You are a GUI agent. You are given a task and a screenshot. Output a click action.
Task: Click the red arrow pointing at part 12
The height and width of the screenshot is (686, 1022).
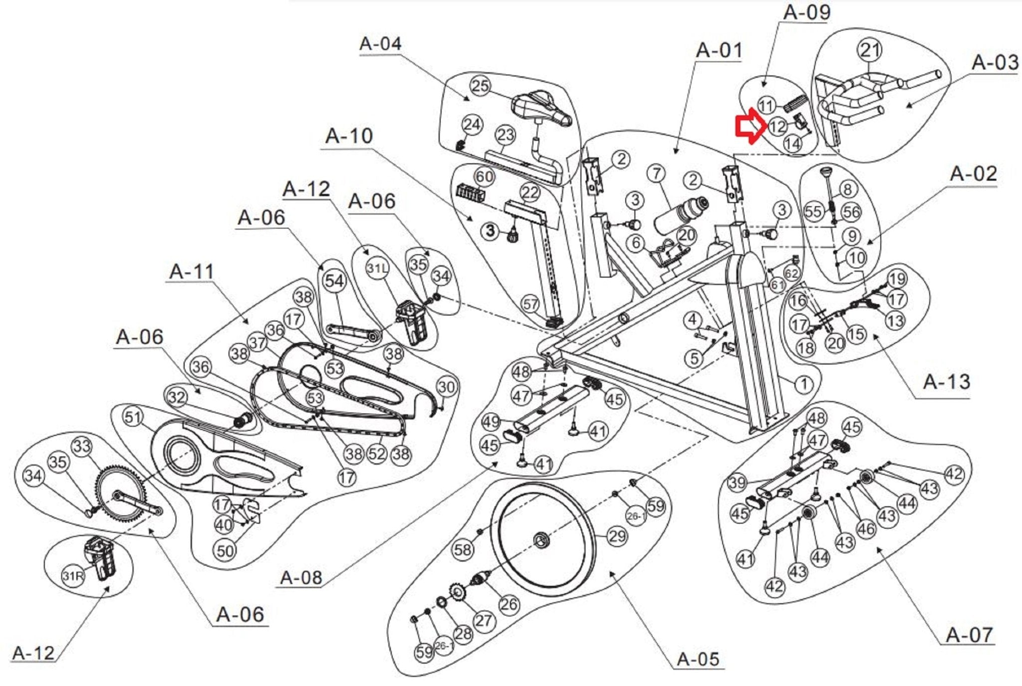click(750, 127)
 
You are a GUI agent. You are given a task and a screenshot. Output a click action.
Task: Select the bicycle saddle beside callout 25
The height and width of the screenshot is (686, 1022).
click(542, 107)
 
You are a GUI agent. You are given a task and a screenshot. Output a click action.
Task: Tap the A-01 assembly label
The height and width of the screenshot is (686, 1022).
click(719, 50)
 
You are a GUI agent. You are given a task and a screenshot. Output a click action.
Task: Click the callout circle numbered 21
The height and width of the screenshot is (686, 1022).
click(869, 50)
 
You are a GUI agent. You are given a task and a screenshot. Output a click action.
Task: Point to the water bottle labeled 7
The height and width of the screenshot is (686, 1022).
click(681, 216)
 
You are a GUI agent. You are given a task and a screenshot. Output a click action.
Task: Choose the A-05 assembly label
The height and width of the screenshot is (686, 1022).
click(698, 659)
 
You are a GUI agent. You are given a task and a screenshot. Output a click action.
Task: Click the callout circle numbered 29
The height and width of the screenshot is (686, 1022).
click(617, 536)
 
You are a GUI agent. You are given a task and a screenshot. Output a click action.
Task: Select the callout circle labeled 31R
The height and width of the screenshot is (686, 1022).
click(72, 577)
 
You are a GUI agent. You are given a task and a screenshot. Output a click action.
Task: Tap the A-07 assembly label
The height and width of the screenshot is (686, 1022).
click(970, 635)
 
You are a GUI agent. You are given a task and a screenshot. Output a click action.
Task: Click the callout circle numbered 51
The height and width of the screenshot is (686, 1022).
click(133, 417)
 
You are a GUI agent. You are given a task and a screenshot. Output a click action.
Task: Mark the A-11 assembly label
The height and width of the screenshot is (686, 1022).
click(192, 272)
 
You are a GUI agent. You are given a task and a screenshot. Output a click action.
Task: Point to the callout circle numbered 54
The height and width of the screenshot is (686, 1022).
click(334, 281)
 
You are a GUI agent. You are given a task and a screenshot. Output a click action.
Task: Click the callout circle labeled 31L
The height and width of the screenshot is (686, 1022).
click(377, 269)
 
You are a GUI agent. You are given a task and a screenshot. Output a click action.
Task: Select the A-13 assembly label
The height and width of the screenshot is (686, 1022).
click(947, 382)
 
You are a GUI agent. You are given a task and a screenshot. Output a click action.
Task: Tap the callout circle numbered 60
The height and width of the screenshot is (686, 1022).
click(484, 177)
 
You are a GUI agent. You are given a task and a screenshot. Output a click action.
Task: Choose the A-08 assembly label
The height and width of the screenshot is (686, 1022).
click(301, 578)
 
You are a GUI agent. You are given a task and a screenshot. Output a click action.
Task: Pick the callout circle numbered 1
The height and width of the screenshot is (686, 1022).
click(803, 384)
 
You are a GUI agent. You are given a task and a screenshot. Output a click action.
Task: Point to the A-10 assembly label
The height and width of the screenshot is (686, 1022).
click(349, 136)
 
